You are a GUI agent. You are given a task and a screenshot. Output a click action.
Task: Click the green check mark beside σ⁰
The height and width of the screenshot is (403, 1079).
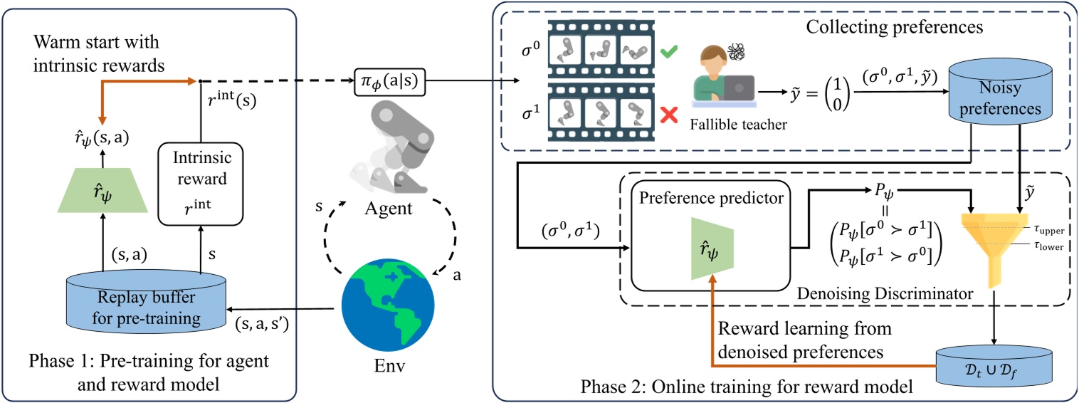pos(668,51)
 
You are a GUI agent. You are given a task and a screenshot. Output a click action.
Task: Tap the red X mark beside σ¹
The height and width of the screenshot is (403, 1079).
pos(669,115)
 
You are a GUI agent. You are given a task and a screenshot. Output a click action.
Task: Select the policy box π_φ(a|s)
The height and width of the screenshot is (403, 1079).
pos(390,82)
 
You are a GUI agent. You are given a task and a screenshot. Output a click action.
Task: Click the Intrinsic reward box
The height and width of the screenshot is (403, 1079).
pos(201,184)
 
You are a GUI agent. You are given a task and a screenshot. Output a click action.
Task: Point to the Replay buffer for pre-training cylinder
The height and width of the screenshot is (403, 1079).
pos(146,302)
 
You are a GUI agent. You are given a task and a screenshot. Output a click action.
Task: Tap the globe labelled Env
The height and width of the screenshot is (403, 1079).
pos(388,305)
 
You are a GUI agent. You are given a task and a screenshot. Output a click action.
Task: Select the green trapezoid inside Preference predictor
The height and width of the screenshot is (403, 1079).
pos(712,248)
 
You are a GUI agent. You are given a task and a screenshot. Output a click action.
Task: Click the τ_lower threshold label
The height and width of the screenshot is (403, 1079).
pos(1048,246)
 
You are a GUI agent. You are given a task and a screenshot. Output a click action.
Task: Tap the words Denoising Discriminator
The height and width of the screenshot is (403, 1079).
pos(885,293)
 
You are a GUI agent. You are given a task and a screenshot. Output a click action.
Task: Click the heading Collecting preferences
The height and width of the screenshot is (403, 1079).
pos(895,27)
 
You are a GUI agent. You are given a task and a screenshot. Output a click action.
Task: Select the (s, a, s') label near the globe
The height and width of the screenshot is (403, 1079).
pos(262,325)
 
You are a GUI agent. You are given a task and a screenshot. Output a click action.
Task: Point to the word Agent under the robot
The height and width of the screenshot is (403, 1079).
pos(388,208)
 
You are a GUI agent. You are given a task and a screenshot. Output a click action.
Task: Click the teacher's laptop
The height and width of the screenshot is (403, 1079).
pos(739,88)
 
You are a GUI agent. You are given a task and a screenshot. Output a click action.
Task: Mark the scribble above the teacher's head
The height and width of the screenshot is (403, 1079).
pos(735,52)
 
